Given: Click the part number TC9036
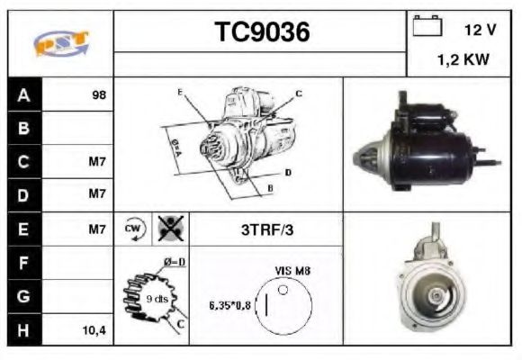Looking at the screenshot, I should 261,32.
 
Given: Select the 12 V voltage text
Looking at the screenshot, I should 480,30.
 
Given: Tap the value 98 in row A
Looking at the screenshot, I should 99,94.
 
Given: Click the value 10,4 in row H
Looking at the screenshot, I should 95,331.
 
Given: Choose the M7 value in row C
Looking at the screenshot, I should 98,162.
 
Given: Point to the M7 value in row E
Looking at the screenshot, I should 98,229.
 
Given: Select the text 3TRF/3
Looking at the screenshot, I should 268,229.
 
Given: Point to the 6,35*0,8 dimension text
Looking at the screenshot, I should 230,305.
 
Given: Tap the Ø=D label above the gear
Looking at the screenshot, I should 174,263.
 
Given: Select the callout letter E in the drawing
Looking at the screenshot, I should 180,93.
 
